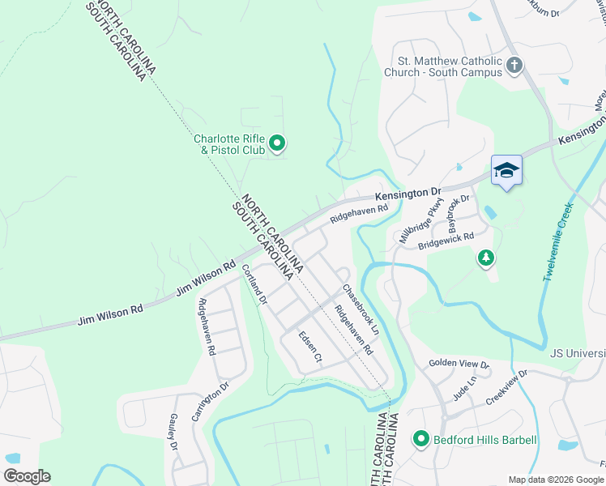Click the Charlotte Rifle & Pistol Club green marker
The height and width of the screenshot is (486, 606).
[x=277, y=144]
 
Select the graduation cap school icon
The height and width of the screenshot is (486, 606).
[x=506, y=170]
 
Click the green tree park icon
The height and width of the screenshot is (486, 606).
[x=486, y=258]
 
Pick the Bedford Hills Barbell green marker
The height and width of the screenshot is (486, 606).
[x=420, y=440]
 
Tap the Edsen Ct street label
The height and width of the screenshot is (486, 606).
[x=310, y=346]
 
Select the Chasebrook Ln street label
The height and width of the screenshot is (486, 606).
[x=361, y=310]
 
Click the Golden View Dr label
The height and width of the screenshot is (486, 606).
[x=459, y=364]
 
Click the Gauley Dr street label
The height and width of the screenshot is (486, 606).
[x=173, y=431]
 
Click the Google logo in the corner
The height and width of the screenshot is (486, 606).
[x=27, y=476]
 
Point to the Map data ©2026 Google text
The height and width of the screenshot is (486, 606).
[x=555, y=480]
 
